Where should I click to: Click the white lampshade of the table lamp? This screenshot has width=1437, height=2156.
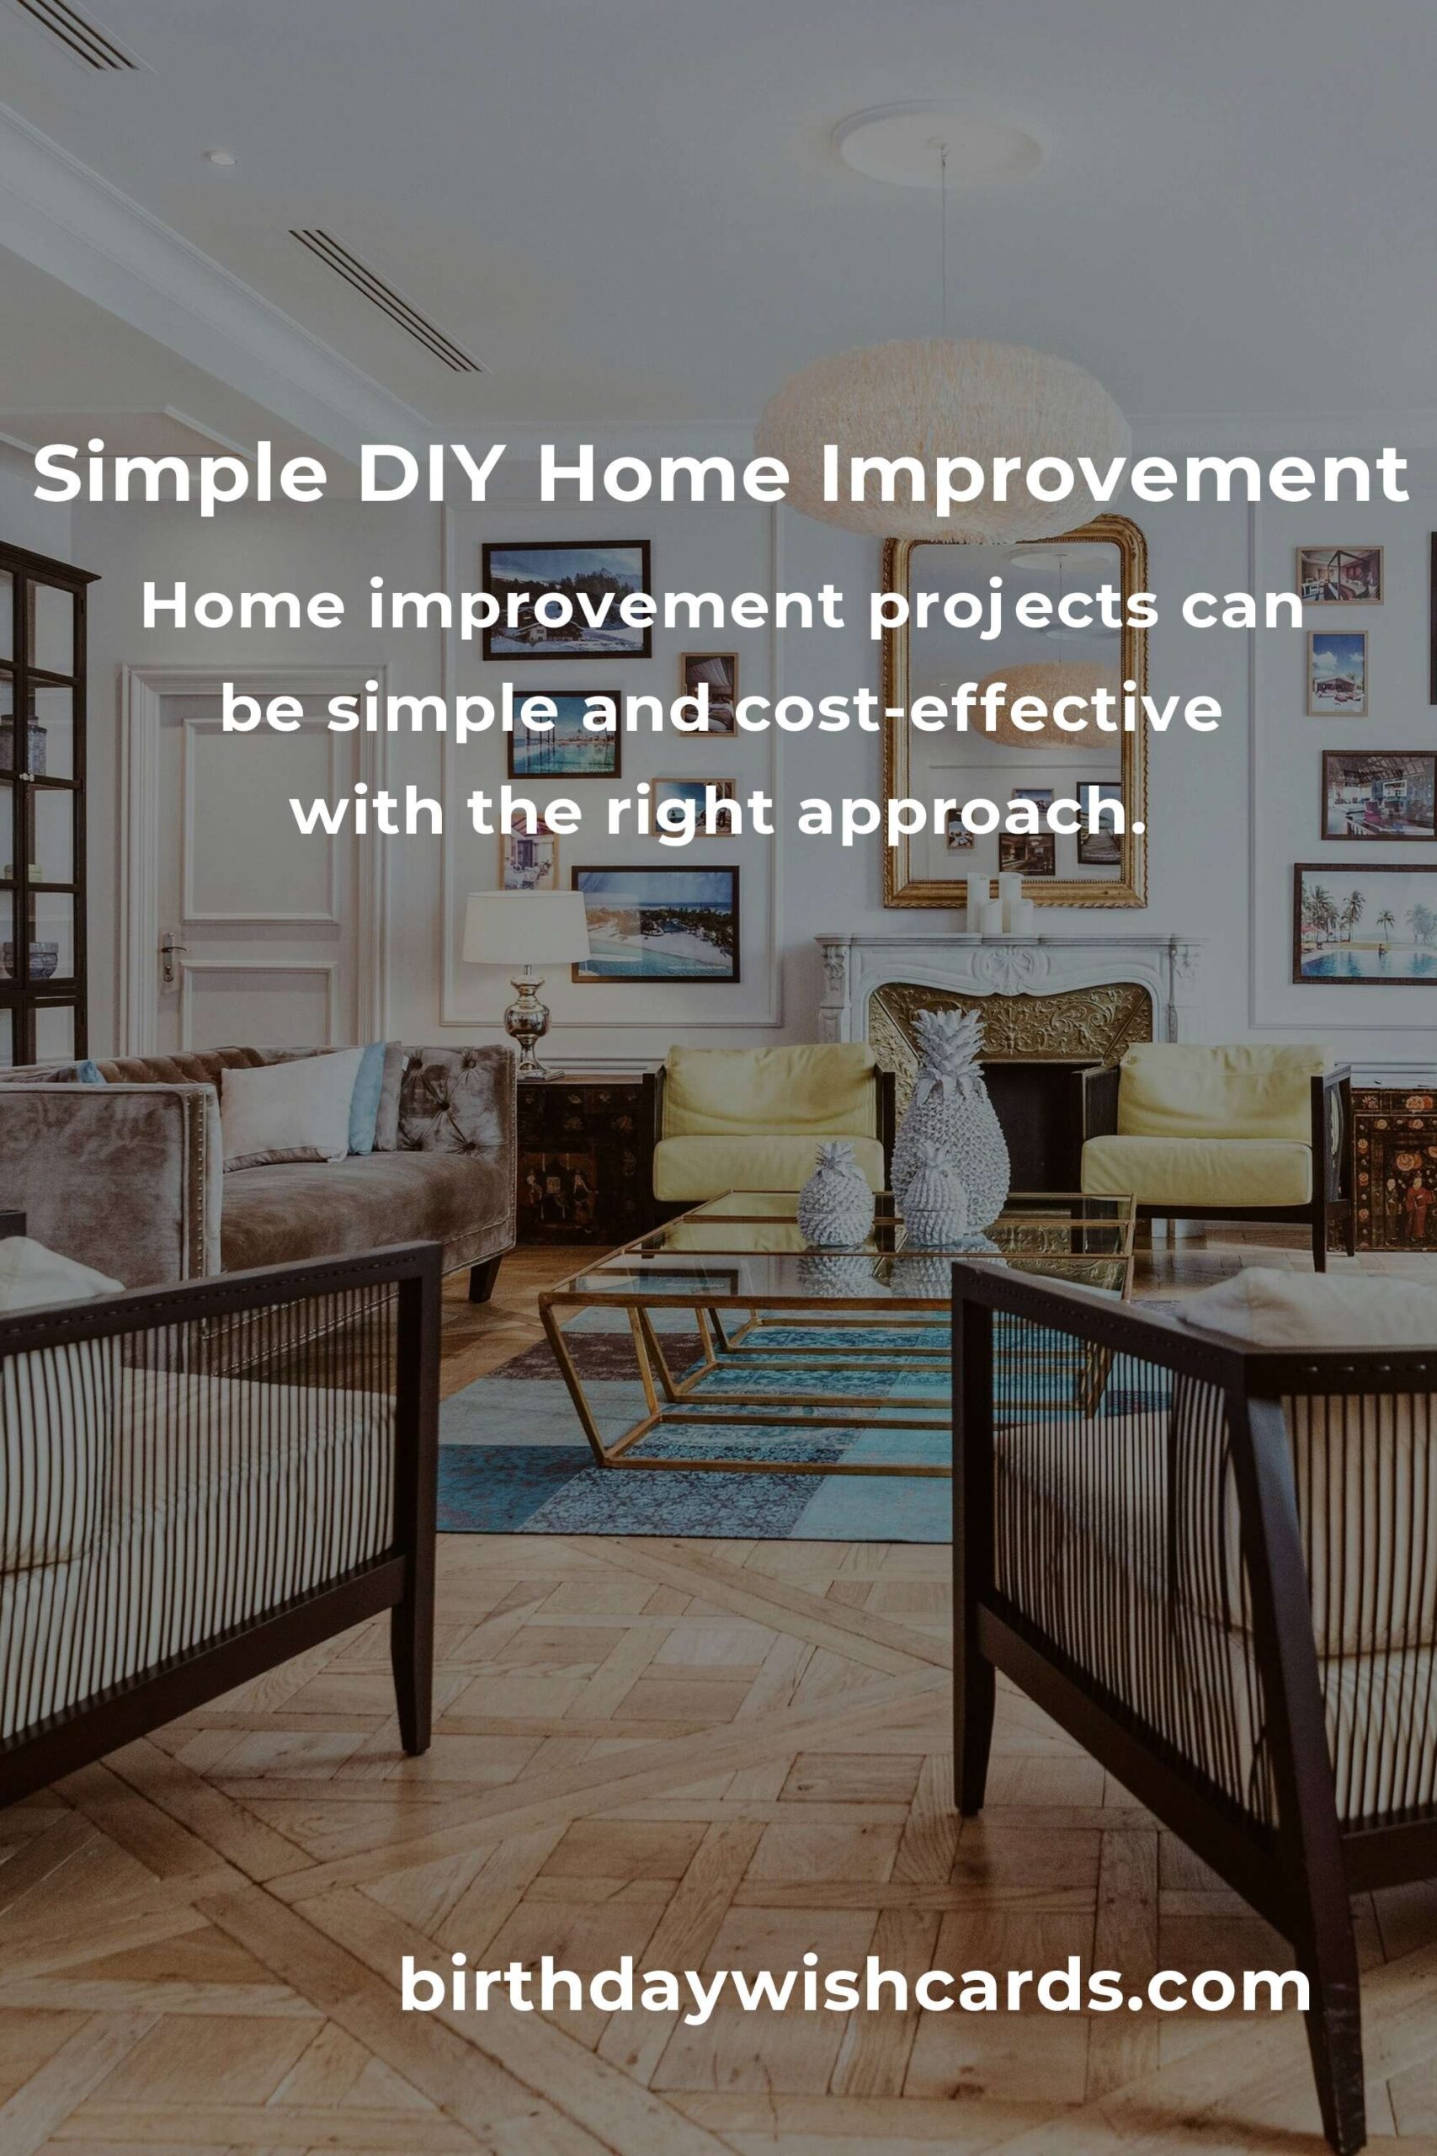[x=525, y=926]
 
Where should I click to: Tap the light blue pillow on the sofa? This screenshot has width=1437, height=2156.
[x=366, y=1097]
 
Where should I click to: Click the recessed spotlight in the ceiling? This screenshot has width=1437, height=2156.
[x=221, y=157]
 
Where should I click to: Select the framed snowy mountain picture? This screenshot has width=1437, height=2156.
[x=566, y=599]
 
